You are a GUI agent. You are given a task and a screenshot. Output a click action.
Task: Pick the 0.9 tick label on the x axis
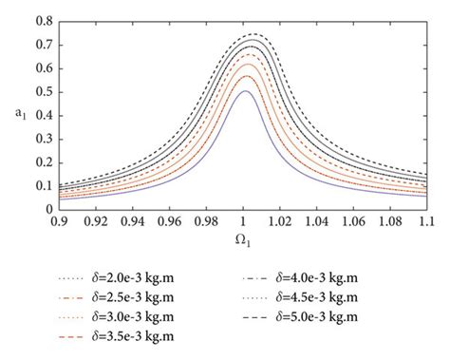click(60, 220)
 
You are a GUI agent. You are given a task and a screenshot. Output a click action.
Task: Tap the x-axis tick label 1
click(244, 220)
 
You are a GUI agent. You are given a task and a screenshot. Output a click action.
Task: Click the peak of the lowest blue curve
click(244, 90)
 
